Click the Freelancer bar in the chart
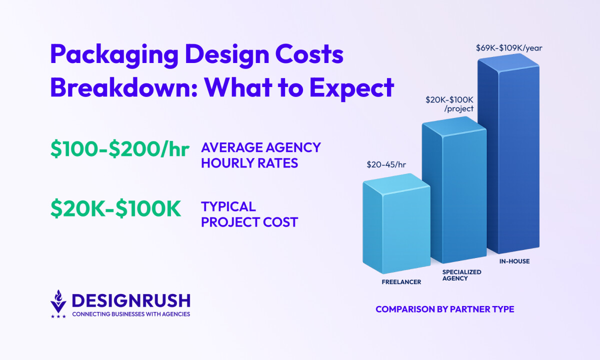[x=396, y=225]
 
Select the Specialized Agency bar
[x=454, y=195]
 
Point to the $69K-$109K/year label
[x=509, y=48]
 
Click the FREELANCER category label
[x=401, y=282]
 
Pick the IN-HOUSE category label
[x=514, y=261]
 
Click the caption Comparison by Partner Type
[x=444, y=309]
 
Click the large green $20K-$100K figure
[x=115, y=209]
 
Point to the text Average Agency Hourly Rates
[x=260, y=155]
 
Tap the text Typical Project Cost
[x=249, y=214]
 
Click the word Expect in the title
[x=351, y=88]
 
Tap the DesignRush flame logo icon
[x=58, y=303]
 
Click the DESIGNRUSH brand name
[x=131, y=300]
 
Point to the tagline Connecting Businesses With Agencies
[x=131, y=314]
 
